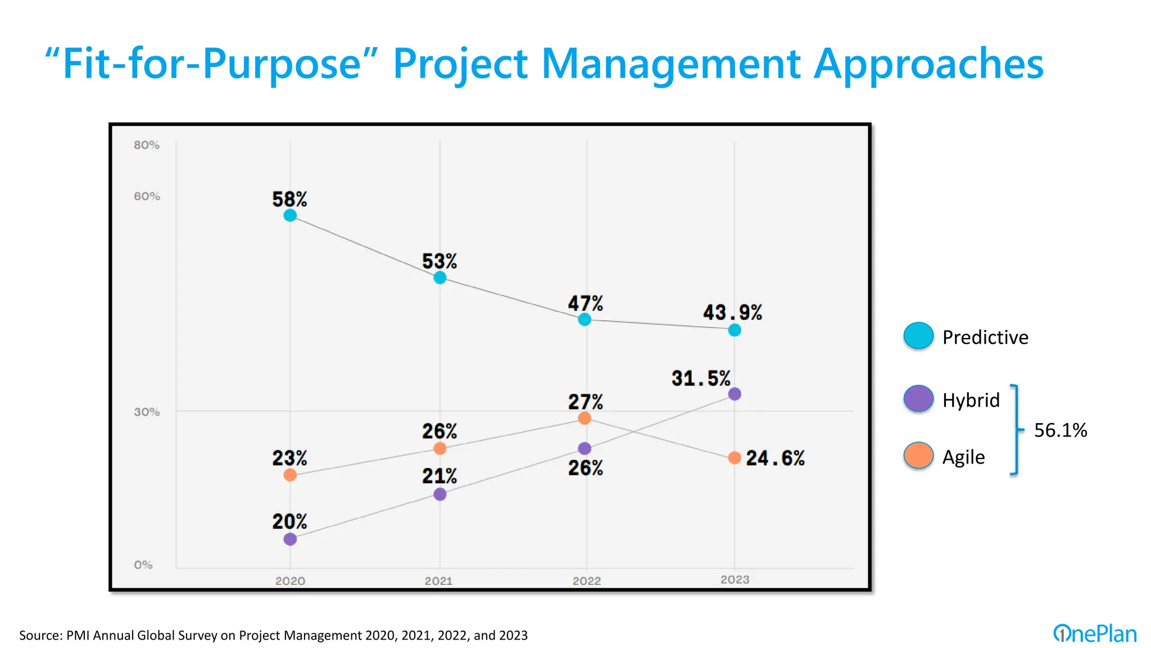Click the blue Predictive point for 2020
290,215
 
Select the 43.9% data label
732,312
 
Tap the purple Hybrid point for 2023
735,394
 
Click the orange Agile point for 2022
584,418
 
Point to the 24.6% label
775,458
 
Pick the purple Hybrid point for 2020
290,539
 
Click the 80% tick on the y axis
147,145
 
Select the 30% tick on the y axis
147,412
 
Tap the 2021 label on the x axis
438,581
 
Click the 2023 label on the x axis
735,579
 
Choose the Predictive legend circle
918,336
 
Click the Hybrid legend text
971,400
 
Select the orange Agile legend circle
918,456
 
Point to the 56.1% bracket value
1060,430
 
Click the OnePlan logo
1094,634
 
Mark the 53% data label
439,262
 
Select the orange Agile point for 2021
440,448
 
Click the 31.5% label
701,378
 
